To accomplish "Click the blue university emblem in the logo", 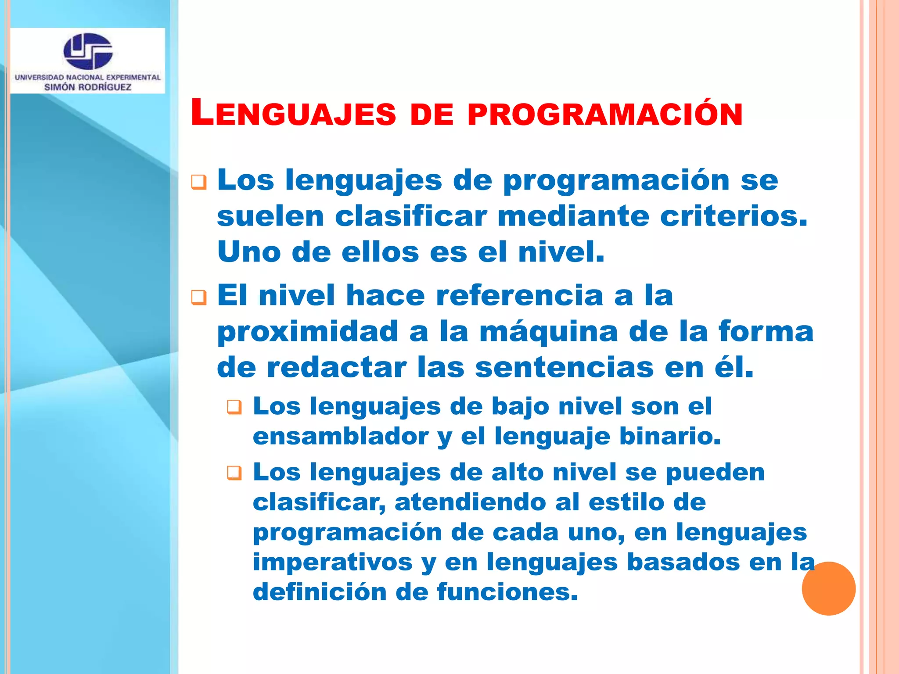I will pyautogui.click(x=88, y=51).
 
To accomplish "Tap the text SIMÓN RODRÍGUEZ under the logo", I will pyautogui.click(x=88, y=87).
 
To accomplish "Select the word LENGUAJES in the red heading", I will pyautogui.click(x=293, y=114).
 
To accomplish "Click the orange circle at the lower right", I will pyautogui.click(x=828, y=588).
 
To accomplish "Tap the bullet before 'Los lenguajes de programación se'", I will pyautogui.click(x=199, y=182).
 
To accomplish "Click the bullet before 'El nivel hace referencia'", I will pyautogui.click(x=199, y=298).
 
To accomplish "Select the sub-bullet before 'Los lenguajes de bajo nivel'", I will pyautogui.click(x=234, y=408).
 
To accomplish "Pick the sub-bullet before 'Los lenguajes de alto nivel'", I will pyautogui.click(x=234, y=473).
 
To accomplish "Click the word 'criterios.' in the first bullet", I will pyautogui.click(x=734, y=216).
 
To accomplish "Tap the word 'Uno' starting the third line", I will pyautogui.click(x=249, y=252).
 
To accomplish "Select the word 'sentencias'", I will pyautogui.click(x=564, y=367).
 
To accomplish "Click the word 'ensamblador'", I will pyautogui.click(x=341, y=436).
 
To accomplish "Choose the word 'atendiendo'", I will pyautogui.click(x=469, y=502).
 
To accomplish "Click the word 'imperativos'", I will pyautogui.click(x=332, y=562).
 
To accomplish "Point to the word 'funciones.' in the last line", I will pyautogui.click(x=507, y=592).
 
